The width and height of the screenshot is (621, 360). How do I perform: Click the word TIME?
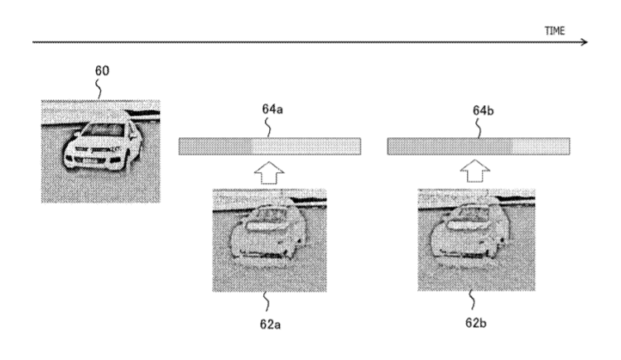[555, 31]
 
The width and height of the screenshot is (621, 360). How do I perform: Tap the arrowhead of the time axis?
[585, 42]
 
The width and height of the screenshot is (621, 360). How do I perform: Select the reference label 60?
[102, 70]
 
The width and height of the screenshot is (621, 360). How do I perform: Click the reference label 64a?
[272, 109]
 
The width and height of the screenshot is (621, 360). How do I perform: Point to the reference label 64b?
[484, 111]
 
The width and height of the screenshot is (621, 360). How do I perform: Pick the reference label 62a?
[271, 324]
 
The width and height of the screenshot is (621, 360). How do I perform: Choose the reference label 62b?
[476, 323]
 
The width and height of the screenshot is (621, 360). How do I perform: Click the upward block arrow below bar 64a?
[269, 173]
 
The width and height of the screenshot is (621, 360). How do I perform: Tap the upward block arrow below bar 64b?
[475, 171]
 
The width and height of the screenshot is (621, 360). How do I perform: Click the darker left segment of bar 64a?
[214, 146]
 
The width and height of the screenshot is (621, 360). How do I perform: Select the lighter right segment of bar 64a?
[306, 146]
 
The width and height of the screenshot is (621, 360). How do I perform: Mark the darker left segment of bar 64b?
[449, 146]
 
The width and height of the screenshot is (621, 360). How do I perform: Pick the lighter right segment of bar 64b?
[541, 146]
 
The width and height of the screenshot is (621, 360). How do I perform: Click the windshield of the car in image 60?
[103, 130]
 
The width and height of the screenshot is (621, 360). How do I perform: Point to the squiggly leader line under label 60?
[99, 89]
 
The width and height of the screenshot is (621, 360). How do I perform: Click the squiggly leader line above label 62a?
[267, 302]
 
